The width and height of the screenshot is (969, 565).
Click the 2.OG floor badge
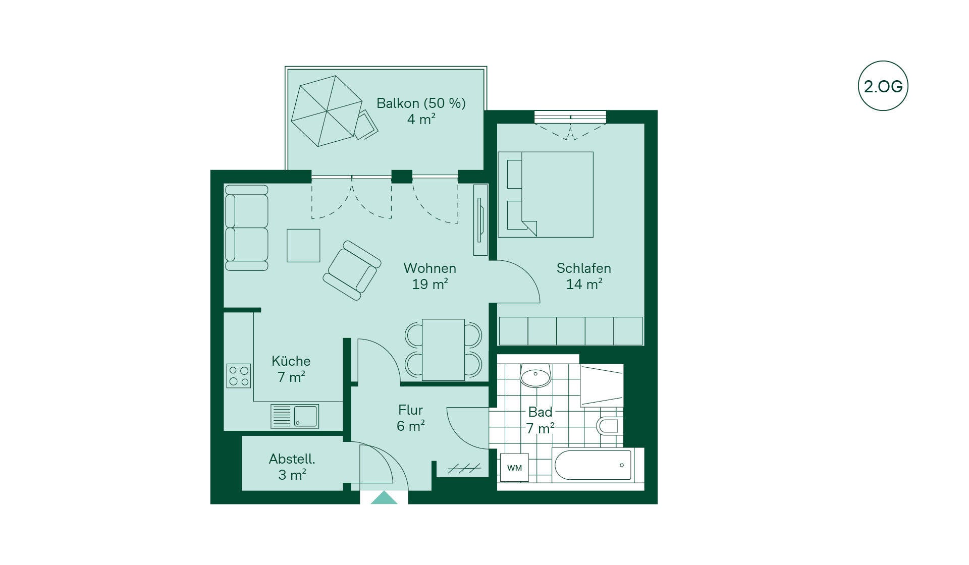pyautogui.click(x=883, y=86)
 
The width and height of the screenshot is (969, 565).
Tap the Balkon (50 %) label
pyautogui.click(x=421, y=103)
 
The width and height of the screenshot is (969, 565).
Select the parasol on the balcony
pyautogui.click(x=327, y=111)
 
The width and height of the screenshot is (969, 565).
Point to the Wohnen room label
pyautogui.click(x=429, y=268)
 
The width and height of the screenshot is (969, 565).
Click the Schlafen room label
pyautogui.click(x=583, y=268)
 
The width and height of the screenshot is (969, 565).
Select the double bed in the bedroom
pyautogui.click(x=546, y=194)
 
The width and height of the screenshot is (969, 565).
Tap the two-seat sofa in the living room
pyautogui.click(x=246, y=228)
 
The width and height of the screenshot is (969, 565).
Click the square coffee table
pyautogui.click(x=303, y=246)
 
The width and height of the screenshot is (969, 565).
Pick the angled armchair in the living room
pyautogui.click(x=352, y=270)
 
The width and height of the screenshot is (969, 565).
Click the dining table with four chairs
pyautogui.click(x=443, y=350)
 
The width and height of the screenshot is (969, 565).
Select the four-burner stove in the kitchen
pyautogui.click(x=238, y=376)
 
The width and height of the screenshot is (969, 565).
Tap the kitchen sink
pyautogui.click(x=295, y=416)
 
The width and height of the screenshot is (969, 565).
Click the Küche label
pyautogui.click(x=291, y=361)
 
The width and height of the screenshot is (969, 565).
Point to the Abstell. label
pyautogui.click(x=292, y=459)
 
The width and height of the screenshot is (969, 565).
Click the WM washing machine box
pyautogui.click(x=514, y=468)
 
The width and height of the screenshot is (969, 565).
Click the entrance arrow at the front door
pyautogui.click(x=384, y=497)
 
